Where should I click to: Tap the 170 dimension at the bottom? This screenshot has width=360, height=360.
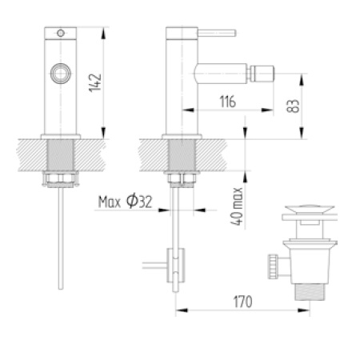(x=244, y=302)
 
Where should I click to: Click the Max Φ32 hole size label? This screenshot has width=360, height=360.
(x=126, y=202)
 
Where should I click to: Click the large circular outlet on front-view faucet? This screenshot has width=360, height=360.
(x=59, y=74)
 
